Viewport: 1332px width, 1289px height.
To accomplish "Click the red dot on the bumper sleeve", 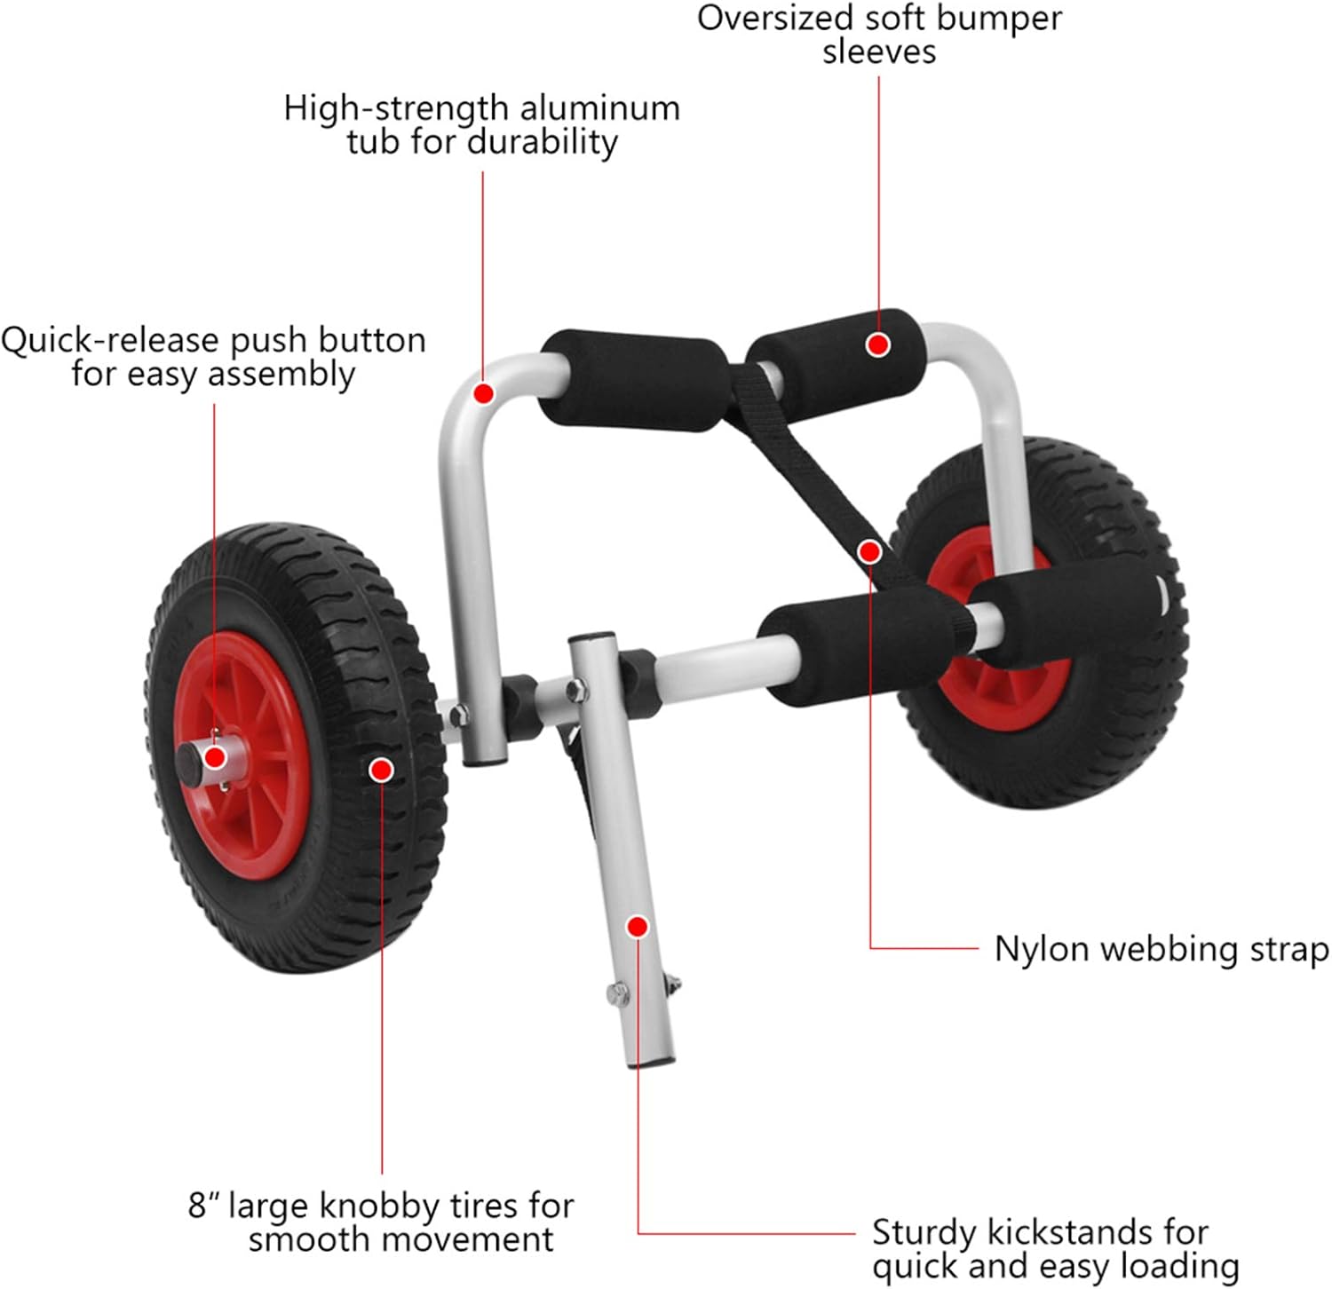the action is (x=878, y=344).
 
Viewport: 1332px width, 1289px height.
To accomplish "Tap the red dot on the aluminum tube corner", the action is (x=483, y=392).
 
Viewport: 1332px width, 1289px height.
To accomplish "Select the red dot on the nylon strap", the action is (x=870, y=552).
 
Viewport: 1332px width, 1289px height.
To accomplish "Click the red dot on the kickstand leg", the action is (x=637, y=927).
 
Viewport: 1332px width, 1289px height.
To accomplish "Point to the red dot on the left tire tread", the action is (x=381, y=770).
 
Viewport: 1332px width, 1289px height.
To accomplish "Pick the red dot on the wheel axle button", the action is (x=214, y=757).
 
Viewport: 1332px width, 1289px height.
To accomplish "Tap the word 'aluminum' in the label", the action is (x=599, y=108).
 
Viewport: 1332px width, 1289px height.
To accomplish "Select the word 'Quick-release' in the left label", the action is (x=109, y=340).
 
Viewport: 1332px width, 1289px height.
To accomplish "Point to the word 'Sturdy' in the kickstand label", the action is (x=924, y=1232).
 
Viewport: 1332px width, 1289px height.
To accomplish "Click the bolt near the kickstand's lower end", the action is (x=618, y=992).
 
